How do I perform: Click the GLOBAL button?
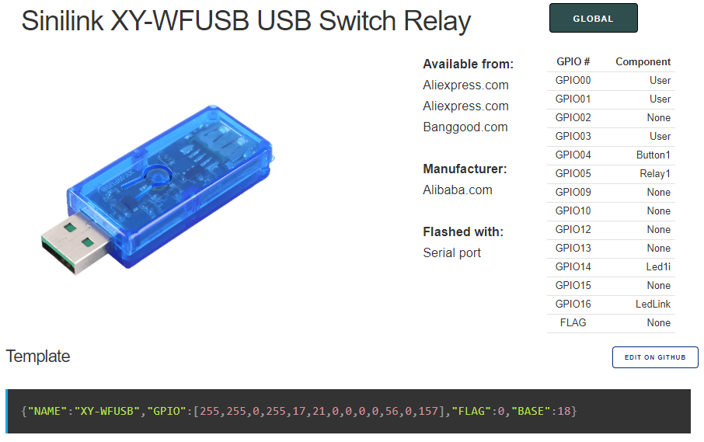[x=593, y=19]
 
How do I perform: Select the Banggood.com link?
[x=465, y=127]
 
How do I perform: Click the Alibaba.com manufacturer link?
[x=457, y=190]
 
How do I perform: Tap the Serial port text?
[x=451, y=252]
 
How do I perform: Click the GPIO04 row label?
[x=573, y=155]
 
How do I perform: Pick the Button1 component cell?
[x=653, y=155]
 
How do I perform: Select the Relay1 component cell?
[x=654, y=173]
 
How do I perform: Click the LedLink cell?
[x=653, y=304]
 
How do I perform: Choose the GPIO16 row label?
[x=573, y=304]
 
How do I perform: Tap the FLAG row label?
[x=573, y=322]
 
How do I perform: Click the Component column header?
[x=643, y=61]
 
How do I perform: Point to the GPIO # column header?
[x=573, y=61]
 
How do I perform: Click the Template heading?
[x=38, y=357]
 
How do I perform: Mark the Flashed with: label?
[x=463, y=231]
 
